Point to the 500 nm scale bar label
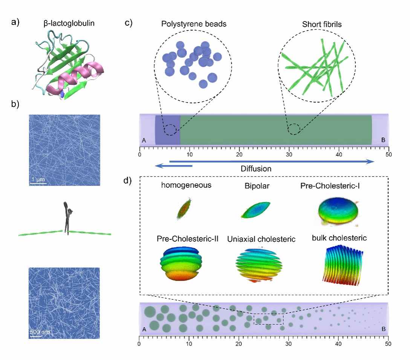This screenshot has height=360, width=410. point(40,332)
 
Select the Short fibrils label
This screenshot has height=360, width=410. point(318,23)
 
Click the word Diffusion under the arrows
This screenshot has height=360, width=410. point(256,169)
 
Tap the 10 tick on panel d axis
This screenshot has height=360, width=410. point(189,343)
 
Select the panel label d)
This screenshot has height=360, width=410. point(128,181)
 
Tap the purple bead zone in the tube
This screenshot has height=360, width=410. point(168,130)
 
